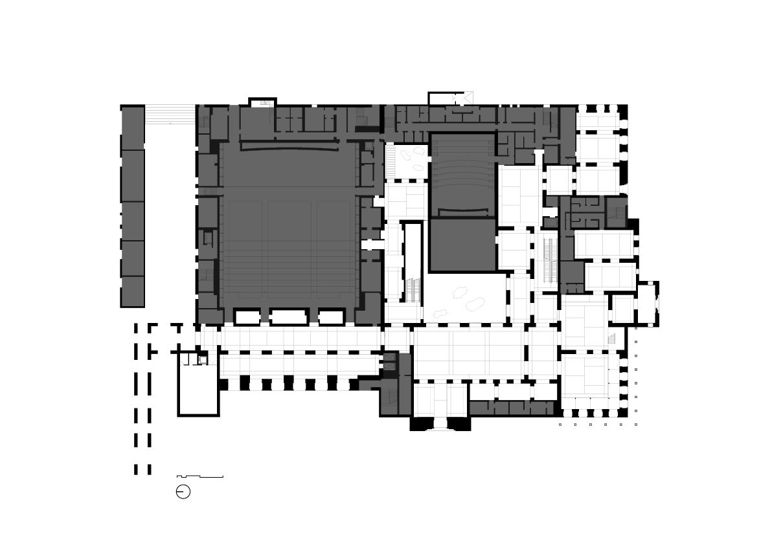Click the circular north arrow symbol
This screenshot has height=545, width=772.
pyautogui.click(x=183, y=492)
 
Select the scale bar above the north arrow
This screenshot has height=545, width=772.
pyautogui.click(x=200, y=477)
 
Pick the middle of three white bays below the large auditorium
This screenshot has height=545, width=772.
pyautogui.click(x=288, y=317)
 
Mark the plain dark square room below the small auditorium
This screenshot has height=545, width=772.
pyautogui.click(x=462, y=244)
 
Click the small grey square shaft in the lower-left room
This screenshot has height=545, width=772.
pyautogui.click(x=202, y=359)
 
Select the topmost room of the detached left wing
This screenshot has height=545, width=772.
pyautogui.click(x=133, y=128)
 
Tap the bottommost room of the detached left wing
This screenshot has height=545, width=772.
pyautogui.click(x=133, y=291)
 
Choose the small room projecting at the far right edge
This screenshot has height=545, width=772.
pyautogui.click(x=647, y=302)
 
